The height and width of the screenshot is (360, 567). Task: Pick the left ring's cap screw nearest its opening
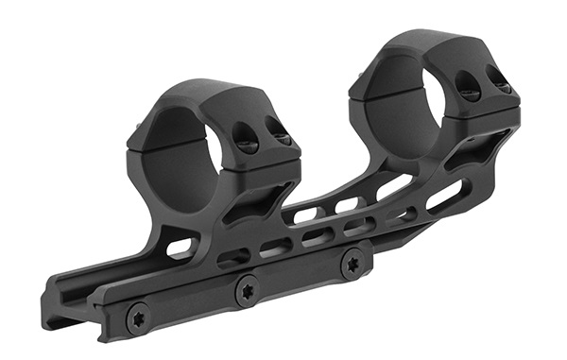tap(248, 145)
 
